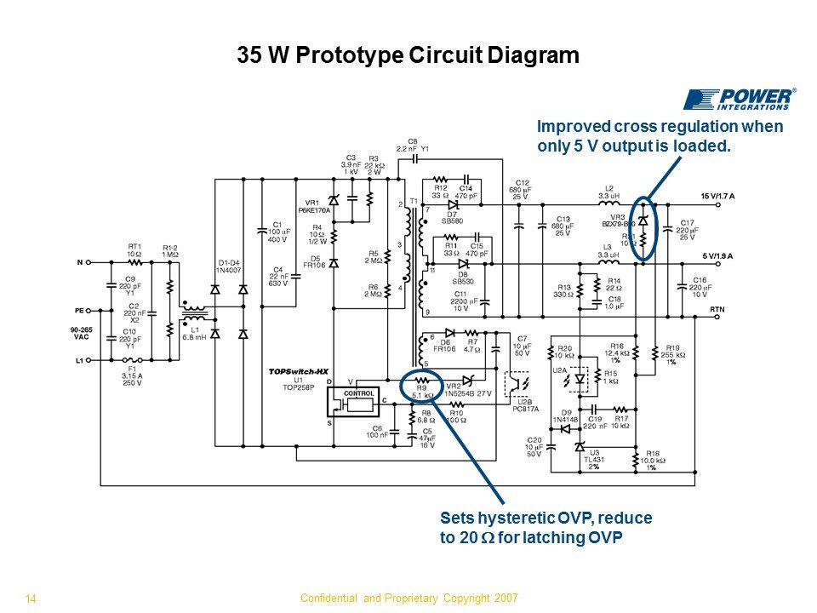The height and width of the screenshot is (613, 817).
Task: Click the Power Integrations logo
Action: (740, 99)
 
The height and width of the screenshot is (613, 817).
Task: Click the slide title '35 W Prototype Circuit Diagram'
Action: (407, 56)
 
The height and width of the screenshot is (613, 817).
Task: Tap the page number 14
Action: (31, 599)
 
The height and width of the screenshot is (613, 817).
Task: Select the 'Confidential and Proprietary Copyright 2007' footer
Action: (409, 598)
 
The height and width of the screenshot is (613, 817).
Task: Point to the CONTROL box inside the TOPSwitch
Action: (357, 393)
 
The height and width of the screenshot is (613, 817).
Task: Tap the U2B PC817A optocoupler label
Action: (525, 405)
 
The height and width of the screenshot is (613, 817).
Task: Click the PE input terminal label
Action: (78, 311)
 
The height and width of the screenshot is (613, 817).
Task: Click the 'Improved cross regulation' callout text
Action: (660, 136)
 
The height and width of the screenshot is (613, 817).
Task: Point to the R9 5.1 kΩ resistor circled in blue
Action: (421, 387)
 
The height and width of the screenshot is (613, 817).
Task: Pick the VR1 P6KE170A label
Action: (313, 206)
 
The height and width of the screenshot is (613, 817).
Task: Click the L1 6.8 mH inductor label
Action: (195, 334)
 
